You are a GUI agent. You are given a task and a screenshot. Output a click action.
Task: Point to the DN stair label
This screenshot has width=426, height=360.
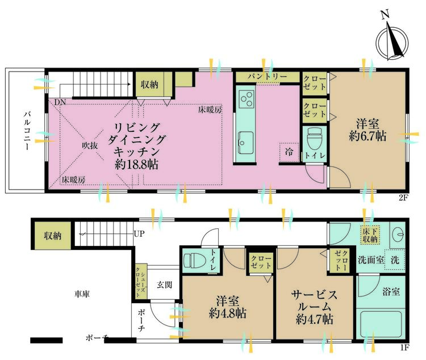click(x=60, y=103)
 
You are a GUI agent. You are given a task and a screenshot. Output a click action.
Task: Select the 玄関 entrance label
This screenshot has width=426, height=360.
click(x=165, y=284)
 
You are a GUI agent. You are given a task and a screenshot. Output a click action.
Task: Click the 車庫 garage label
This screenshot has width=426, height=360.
click(x=83, y=295)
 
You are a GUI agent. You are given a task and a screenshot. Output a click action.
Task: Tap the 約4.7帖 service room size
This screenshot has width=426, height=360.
click(x=314, y=319)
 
